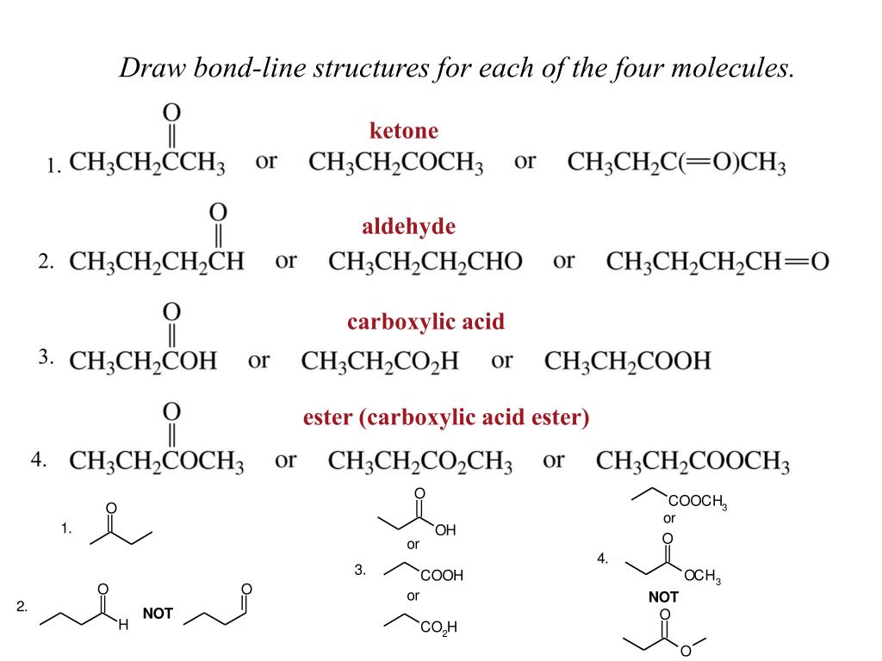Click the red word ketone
403,131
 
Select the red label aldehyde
408,226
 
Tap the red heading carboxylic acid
425,322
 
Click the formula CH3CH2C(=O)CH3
676,163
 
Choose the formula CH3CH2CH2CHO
425,261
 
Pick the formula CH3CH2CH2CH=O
717,261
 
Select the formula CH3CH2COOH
628,361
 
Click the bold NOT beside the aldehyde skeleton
158,614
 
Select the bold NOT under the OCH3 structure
663,596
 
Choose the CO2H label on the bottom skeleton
438,628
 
